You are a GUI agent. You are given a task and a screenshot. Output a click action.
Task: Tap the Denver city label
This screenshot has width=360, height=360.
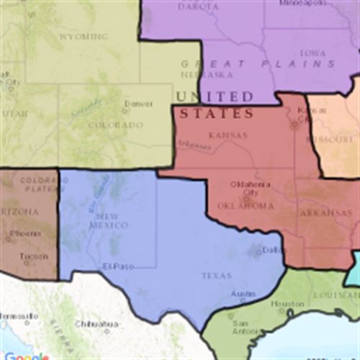click(138, 104)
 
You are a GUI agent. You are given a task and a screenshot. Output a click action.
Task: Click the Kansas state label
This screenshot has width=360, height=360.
click(228, 135)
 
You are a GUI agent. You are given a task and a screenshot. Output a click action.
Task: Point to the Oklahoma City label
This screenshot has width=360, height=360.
click(245, 188)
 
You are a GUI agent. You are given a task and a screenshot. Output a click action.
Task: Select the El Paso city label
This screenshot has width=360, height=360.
click(117, 267)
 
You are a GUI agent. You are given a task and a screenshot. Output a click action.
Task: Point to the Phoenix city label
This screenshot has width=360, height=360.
click(26, 234)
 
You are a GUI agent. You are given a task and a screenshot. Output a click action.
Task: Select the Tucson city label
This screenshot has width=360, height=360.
click(28, 257)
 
